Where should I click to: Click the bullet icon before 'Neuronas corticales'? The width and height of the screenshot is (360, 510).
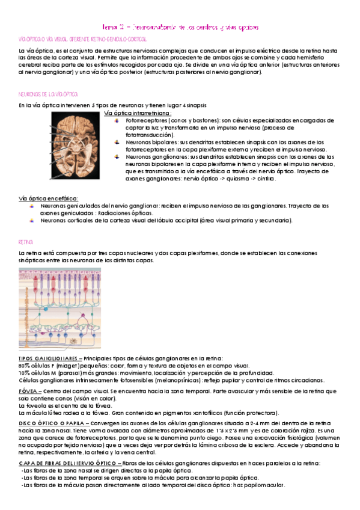click(x=33, y=220)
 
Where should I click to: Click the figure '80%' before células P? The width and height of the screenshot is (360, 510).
click(x=25, y=365)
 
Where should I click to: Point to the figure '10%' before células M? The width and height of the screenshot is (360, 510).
click(x=25, y=373)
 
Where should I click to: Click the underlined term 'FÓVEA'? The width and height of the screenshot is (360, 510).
click(x=29, y=391)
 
